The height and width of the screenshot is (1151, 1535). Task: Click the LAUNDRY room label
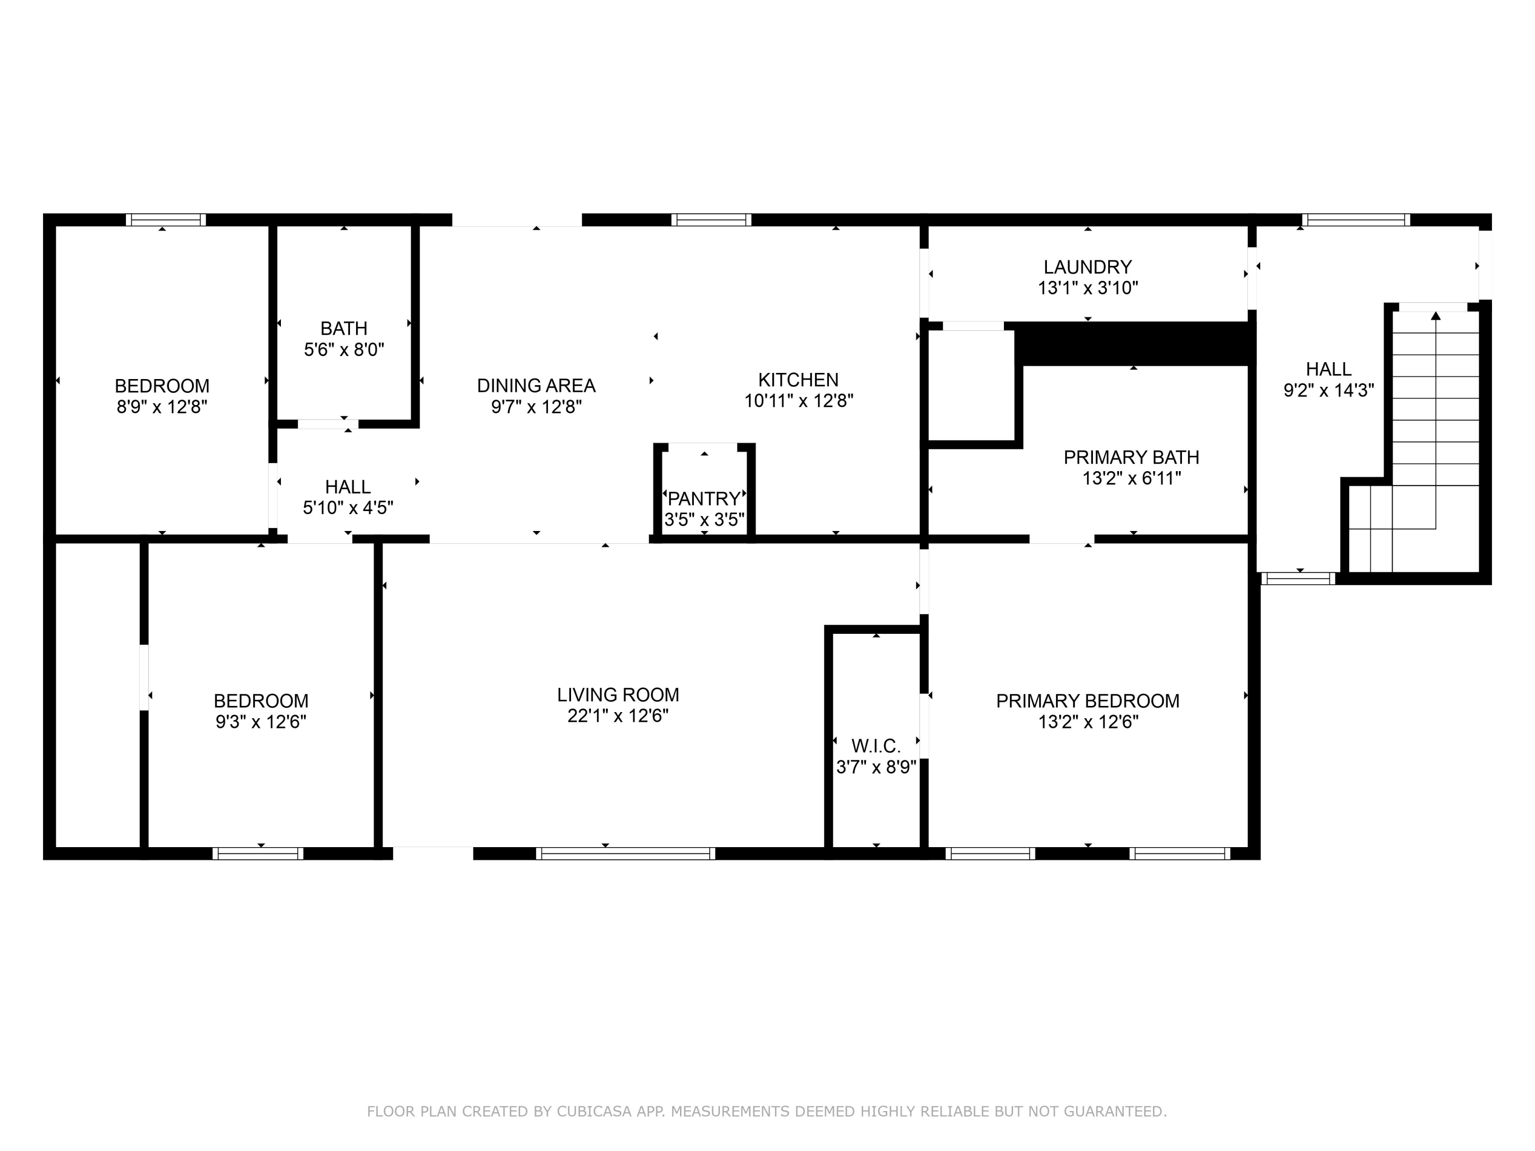(1087, 267)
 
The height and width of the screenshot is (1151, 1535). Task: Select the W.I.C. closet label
(876, 746)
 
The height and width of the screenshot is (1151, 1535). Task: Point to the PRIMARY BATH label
(1131, 458)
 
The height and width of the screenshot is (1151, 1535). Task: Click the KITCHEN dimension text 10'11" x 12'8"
(799, 401)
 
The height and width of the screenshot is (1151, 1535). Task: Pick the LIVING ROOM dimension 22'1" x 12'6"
(618, 716)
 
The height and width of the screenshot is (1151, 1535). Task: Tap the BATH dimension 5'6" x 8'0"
(344, 350)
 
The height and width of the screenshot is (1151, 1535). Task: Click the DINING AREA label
(536, 386)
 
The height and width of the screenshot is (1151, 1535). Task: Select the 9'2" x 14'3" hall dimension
(1328, 391)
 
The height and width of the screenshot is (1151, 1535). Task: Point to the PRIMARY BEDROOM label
(1087, 701)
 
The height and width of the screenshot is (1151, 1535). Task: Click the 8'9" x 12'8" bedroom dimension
(162, 407)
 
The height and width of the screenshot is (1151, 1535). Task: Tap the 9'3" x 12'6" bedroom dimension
(261, 722)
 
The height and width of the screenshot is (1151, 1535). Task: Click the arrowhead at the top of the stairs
(1436, 316)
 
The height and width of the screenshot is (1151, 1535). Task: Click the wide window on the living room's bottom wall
(625, 853)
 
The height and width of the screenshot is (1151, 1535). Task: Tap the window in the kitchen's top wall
(711, 220)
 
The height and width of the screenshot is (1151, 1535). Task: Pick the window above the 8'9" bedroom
(166, 220)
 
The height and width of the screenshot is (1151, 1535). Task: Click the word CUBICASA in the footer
(594, 1112)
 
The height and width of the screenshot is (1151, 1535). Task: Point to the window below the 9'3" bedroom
(258, 853)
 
